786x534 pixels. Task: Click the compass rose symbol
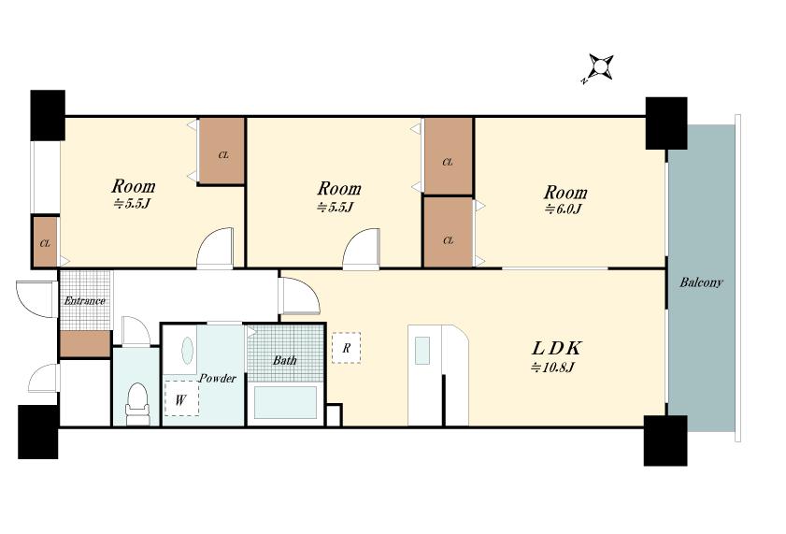601,66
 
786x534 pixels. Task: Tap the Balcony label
701,282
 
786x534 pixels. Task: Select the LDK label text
556,348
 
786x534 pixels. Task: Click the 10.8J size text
552,368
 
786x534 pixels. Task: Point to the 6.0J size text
563,209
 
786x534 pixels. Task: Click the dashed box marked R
346,348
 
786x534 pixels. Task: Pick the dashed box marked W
181,398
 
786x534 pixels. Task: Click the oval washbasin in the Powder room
187,351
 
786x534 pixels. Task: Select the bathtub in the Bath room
286,402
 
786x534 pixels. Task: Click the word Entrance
85,301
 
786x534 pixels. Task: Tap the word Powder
217,378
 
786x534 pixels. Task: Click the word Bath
284,360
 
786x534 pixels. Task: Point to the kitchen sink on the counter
422,350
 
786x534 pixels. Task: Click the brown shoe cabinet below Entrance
85,343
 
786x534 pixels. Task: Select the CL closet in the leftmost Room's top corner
222,152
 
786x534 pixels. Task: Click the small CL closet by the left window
45,241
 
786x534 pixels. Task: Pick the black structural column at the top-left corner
48,115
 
